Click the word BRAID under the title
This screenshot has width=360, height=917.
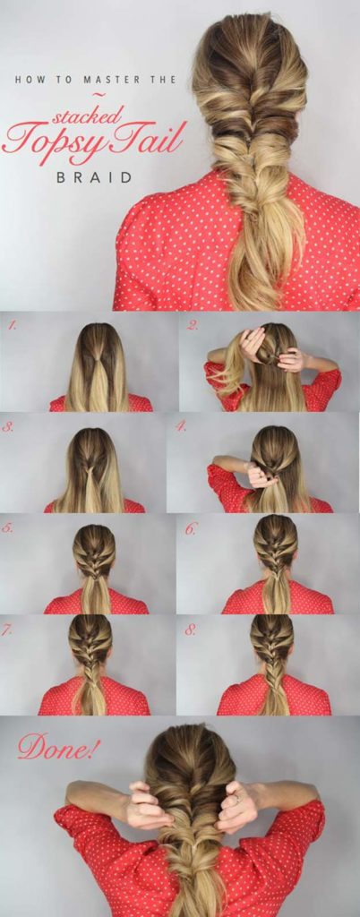click(x=94, y=177)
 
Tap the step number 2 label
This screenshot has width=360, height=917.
click(x=192, y=326)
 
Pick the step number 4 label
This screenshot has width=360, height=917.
click(x=180, y=427)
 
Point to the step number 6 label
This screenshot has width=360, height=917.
click(x=191, y=528)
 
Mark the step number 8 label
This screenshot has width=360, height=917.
click(x=192, y=630)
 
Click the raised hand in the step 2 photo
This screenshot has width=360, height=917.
click(x=253, y=341)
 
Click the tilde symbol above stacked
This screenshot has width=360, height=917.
click(x=99, y=95)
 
